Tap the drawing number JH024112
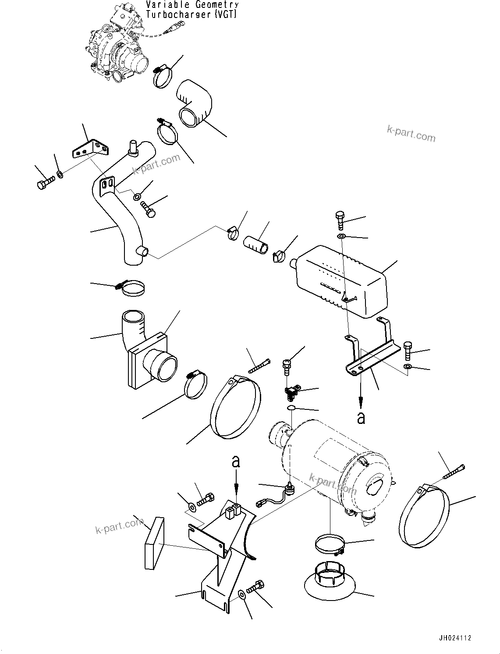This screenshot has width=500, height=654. (453, 638)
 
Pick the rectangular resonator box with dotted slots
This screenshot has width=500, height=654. (342, 281)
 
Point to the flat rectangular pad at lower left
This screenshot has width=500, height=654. (154, 544)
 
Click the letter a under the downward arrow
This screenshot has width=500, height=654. (361, 418)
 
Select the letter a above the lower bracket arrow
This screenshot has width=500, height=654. (236, 462)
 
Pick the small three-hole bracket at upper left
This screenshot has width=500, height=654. (89, 148)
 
